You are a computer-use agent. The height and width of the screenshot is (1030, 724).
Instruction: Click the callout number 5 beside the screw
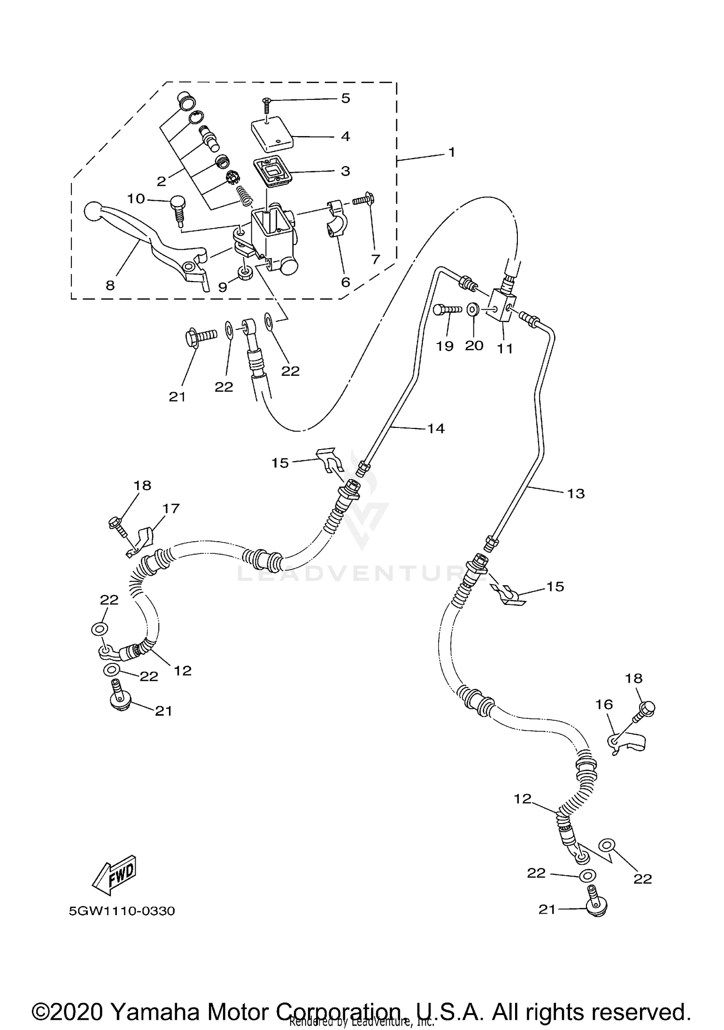point(345,98)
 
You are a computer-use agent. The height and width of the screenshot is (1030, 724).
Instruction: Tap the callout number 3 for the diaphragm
point(345,171)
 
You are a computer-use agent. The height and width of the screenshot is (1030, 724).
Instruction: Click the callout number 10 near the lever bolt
point(136,198)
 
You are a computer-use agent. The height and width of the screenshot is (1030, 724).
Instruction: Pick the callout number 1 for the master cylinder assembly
point(451,152)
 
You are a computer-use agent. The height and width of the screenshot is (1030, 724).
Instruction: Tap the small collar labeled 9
point(246,275)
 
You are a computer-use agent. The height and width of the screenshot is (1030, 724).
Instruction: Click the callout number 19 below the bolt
point(445,346)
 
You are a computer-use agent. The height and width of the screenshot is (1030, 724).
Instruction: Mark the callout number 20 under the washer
point(474,345)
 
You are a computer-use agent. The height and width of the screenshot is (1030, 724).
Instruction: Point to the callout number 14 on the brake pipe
point(436,428)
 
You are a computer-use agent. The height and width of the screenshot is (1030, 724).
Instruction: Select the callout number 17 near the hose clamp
point(171,508)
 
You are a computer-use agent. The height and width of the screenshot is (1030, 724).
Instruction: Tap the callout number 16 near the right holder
point(604,704)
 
